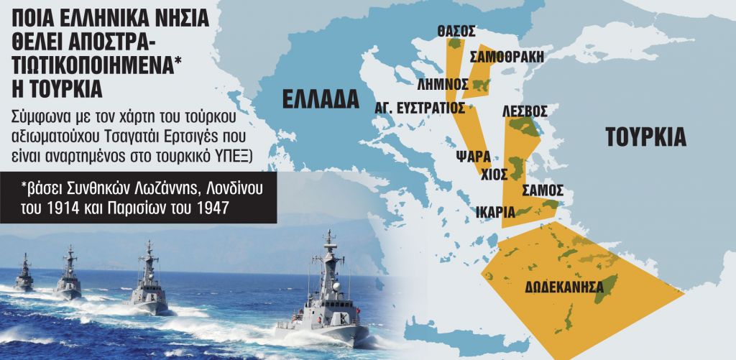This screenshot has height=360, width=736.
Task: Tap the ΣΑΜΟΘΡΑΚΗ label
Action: click(507, 57)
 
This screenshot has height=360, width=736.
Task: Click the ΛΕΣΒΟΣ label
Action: click(525, 111)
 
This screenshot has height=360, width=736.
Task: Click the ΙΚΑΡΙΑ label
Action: click(494, 212)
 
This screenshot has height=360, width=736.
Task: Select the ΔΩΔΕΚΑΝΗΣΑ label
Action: click(563, 285)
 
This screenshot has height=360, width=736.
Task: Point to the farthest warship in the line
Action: click(24, 274)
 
